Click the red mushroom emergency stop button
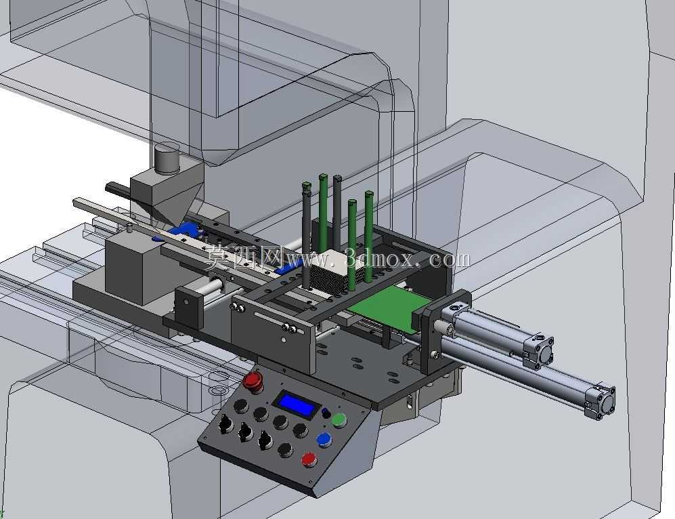click(x=253, y=381)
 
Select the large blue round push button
click(x=324, y=439)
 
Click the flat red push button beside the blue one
click(x=309, y=459)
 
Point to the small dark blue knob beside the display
click(x=326, y=413)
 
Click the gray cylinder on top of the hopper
click(x=167, y=158)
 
